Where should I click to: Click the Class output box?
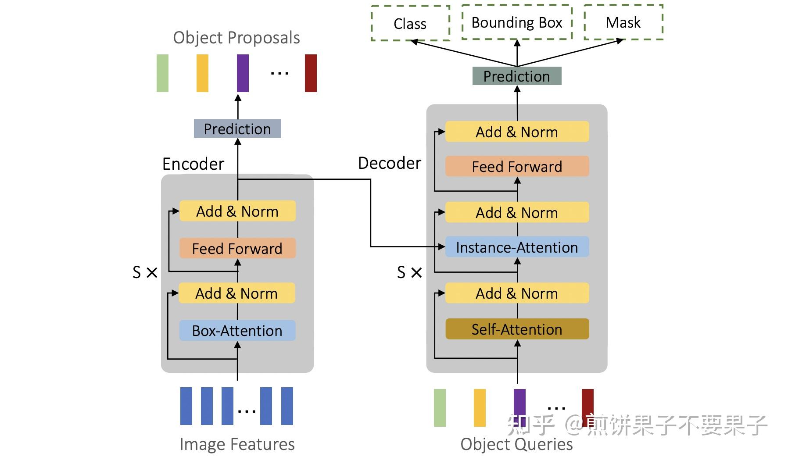pyautogui.click(x=410, y=24)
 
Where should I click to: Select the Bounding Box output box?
pyautogui.click(x=517, y=22)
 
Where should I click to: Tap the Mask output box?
pyautogui.click(x=623, y=22)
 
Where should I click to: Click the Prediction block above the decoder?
pyautogui.click(x=516, y=76)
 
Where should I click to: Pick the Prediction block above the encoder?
pyautogui.click(x=237, y=129)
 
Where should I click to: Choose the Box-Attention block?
pyautogui.click(x=237, y=331)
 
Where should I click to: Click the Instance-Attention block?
pyautogui.click(x=517, y=247)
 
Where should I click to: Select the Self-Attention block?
pyautogui.click(x=517, y=329)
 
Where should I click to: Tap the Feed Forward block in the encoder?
pyautogui.click(x=237, y=249)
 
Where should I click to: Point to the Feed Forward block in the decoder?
pyautogui.click(x=517, y=167)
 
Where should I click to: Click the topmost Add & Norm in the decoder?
pyautogui.click(x=517, y=132)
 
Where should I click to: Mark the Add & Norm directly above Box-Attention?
pyautogui.click(x=237, y=293)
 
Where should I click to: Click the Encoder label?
pyautogui.click(x=193, y=164)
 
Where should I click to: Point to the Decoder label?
pyautogui.click(x=390, y=163)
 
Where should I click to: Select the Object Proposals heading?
pyautogui.click(x=236, y=38)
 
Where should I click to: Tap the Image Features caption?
pyautogui.click(x=237, y=444)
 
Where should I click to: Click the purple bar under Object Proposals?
pyautogui.click(x=243, y=73)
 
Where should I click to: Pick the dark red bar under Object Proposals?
pyautogui.click(x=311, y=73)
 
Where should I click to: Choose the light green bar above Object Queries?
pyautogui.click(x=440, y=408)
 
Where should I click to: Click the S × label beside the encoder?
pyautogui.click(x=145, y=272)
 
